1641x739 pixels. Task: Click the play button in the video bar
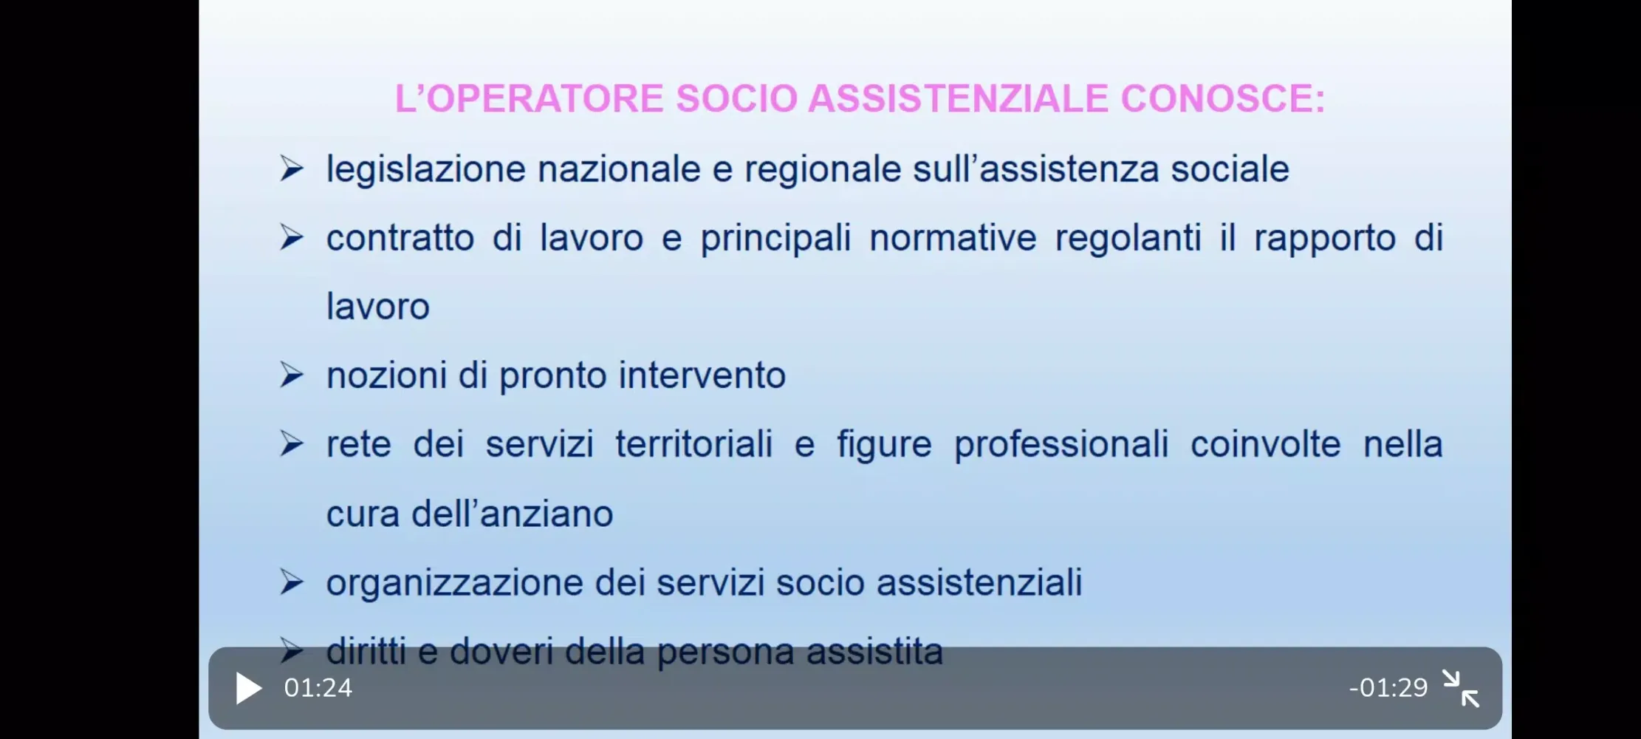tap(249, 688)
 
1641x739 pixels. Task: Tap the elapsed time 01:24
tap(318, 688)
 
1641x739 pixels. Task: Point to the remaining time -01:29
tap(1388, 688)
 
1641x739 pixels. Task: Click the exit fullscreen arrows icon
tap(1461, 689)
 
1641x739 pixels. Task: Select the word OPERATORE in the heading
tap(546, 98)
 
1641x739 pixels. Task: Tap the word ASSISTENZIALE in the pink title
tap(958, 98)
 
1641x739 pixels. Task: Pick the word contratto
tap(400, 238)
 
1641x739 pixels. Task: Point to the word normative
tap(953, 238)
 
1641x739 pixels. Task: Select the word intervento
tap(702, 375)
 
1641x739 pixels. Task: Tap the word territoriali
tap(694, 444)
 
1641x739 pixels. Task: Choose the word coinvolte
tap(1265, 444)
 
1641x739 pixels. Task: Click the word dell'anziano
tap(512, 513)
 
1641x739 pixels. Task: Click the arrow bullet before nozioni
tap(292, 375)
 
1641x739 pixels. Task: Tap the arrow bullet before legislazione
tap(292, 169)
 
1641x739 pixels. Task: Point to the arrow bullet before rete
tap(292, 444)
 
